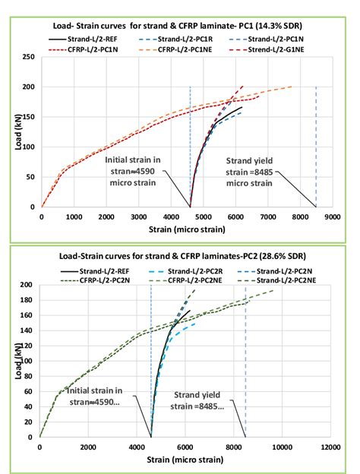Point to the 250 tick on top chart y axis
coord(29,57)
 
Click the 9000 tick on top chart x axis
coord(331,216)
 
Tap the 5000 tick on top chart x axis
coord(203,216)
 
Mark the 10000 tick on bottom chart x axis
coord(283,447)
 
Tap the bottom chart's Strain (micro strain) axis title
coord(184,460)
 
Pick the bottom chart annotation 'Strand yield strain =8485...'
coord(192,400)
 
